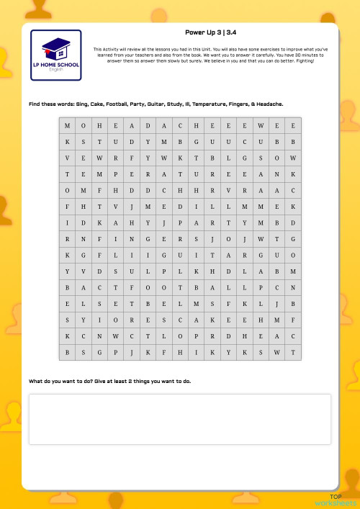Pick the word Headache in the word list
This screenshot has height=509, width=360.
click(x=269, y=104)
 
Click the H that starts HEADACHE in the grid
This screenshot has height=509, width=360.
click(x=99, y=125)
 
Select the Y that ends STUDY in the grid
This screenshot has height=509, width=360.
click(x=148, y=142)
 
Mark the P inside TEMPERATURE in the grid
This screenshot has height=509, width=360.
click(x=115, y=174)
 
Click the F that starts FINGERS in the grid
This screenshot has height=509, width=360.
click(x=99, y=239)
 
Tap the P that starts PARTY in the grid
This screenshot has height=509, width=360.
click(x=180, y=222)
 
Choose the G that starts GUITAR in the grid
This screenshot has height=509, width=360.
click(x=163, y=255)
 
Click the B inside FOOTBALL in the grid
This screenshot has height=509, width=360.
click(x=196, y=287)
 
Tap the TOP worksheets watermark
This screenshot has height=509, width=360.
click(x=336, y=500)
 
